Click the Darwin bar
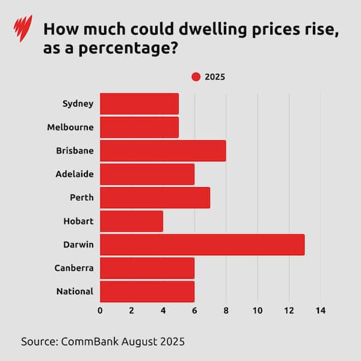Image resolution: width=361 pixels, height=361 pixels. coord(202,244)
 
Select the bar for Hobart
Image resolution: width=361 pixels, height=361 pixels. coord(131,221)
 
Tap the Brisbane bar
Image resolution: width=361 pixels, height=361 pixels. coord(162,150)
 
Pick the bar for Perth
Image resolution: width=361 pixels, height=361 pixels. coord(155,197)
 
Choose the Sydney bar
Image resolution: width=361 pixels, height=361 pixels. coord(139,103)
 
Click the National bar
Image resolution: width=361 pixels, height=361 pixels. coord(147,291)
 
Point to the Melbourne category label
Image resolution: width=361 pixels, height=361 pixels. coord(70,127)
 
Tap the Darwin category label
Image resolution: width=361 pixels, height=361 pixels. coord(78,244)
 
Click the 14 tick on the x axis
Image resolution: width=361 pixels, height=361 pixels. coord(320,310)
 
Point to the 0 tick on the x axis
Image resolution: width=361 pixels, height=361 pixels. coord(100,310)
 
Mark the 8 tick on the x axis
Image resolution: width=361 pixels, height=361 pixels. coord(226,310)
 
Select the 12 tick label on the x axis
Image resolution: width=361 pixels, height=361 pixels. coord(289,310)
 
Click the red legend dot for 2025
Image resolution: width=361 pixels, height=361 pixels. coord(196,76)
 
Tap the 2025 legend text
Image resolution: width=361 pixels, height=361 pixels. coord(215,76)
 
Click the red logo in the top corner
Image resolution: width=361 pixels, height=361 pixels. coord(22,28)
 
